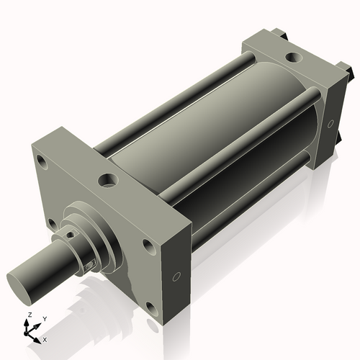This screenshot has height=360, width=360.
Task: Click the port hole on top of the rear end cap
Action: (294, 56)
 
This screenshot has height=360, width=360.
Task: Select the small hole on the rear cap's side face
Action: (330, 125)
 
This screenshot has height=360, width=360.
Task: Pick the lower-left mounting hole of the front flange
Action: (53, 223)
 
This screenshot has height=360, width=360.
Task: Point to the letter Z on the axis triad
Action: (28, 315)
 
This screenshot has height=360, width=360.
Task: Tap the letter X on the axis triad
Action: (45, 338)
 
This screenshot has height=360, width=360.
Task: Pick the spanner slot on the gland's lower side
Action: (89, 266)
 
